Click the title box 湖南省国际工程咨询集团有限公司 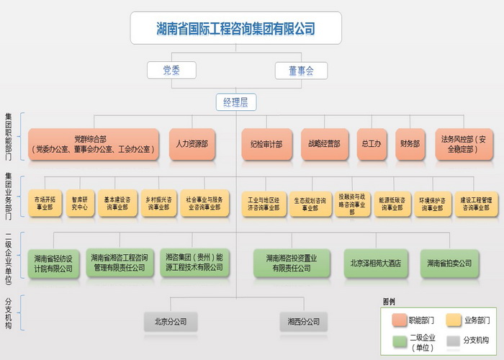(x=235, y=29)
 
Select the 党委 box (x=171, y=70)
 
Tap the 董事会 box (x=301, y=70)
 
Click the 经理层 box (x=235, y=102)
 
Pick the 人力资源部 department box (x=192, y=144)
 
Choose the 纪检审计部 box (x=261, y=144)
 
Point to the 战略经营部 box (x=320, y=144)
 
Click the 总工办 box (x=371, y=144)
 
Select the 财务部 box (x=410, y=144)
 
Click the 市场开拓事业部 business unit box (x=44, y=203)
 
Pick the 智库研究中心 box (x=79, y=203)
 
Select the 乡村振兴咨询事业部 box (x=158, y=203)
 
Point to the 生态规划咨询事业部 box (x=310, y=203)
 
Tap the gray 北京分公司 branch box (x=170, y=321)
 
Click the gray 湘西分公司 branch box (x=303, y=321)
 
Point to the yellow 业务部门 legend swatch (x=454, y=319)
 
